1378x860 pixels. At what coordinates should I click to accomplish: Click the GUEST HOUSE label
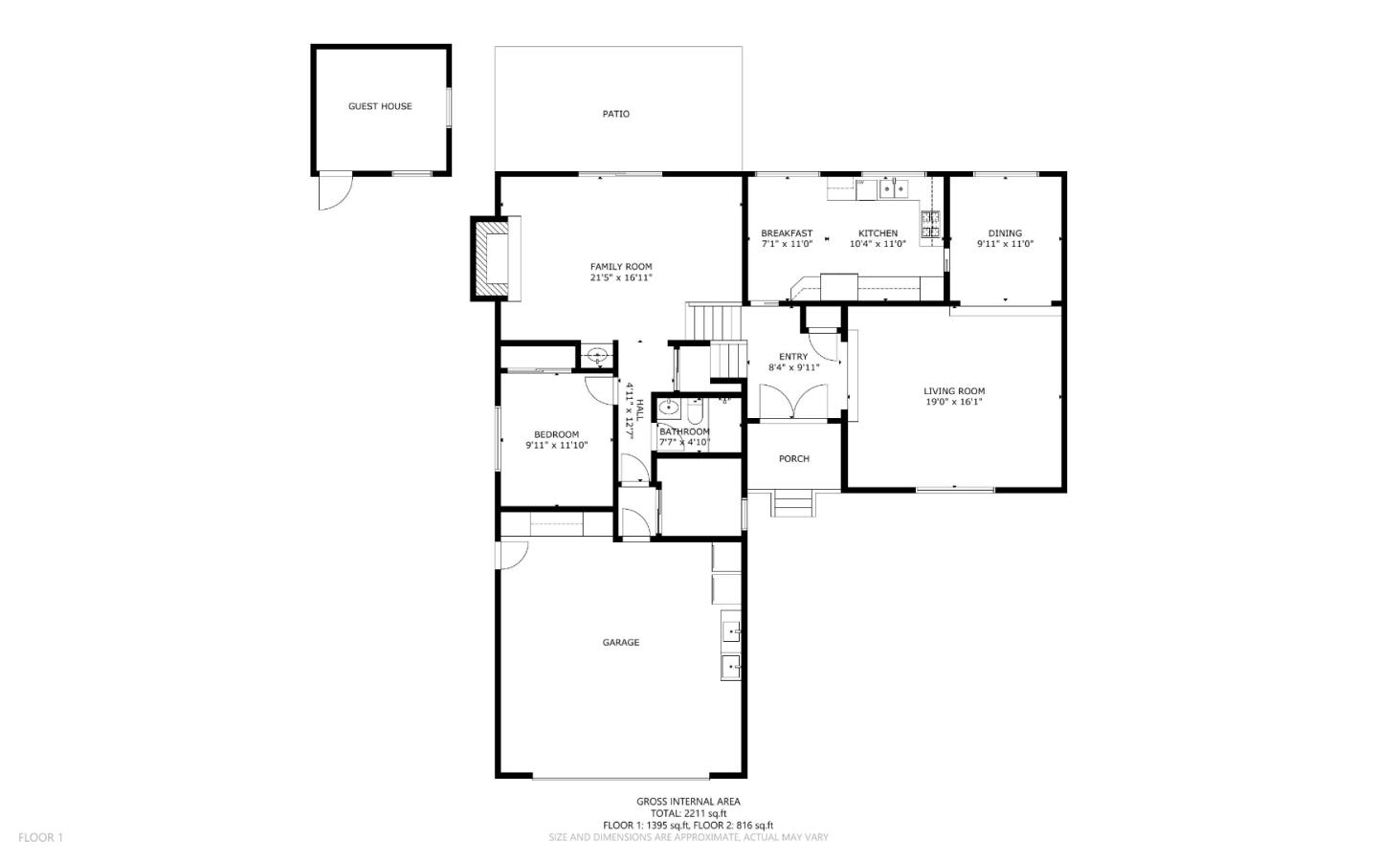(380, 106)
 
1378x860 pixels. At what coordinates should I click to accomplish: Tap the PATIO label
(616, 114)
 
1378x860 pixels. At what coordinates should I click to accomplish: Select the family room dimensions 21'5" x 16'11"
(621, 277)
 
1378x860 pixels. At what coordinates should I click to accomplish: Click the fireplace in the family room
(496, 258)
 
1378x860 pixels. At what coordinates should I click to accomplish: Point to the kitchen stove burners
(930, 224)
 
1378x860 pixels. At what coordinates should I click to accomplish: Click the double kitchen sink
(894, 188)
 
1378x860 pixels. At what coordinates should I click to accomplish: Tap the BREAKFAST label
(787, 233)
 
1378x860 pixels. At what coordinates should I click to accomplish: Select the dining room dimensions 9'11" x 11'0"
(1005, 244)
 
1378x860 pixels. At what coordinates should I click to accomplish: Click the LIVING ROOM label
(954, 390)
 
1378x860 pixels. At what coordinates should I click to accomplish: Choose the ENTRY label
(793, 356)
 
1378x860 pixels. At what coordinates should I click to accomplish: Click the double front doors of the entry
(794, 403)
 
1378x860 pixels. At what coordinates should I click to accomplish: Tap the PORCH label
(794, 458)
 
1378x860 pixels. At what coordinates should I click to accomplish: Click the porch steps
(793, 502)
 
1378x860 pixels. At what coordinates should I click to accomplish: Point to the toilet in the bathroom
(695, 411)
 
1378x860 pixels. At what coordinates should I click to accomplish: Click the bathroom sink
(668, 408)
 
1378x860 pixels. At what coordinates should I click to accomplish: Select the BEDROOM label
(556, 434)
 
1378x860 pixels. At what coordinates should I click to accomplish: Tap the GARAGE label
(621, 642)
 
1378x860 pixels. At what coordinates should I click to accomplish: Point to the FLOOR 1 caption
(40, 837)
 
